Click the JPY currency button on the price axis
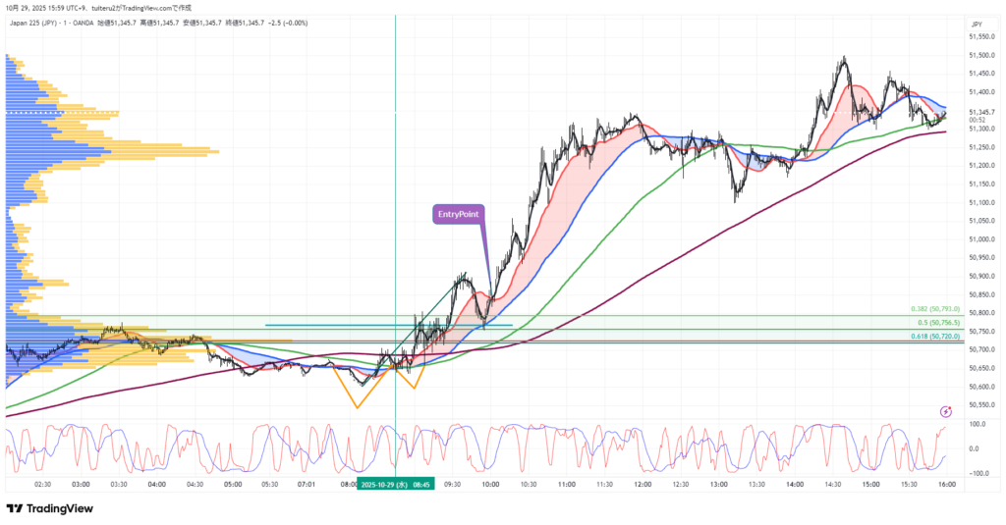coord(977,24)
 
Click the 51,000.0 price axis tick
coord(982,238)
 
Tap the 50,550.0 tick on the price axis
coord(982,404)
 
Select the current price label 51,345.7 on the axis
coord(982,112)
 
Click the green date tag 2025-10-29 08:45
coord(393,484)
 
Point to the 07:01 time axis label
coord(306,484)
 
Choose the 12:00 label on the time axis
coord(643,484)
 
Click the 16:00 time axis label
coord(945,484)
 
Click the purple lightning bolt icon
coord(945,412)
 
